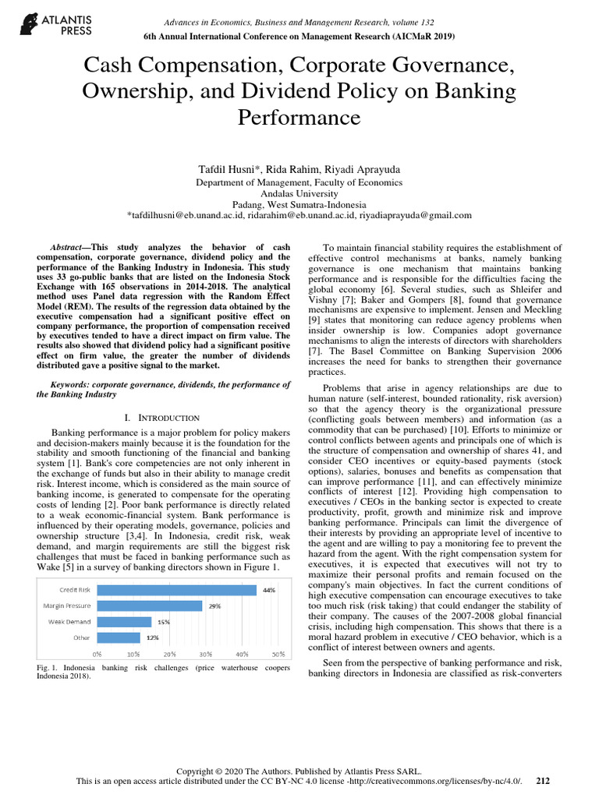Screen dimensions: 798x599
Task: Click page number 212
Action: click(544, 780)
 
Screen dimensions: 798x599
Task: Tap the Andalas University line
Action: click(299, 193)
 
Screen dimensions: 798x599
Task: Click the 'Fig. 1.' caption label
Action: click(48, 669)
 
